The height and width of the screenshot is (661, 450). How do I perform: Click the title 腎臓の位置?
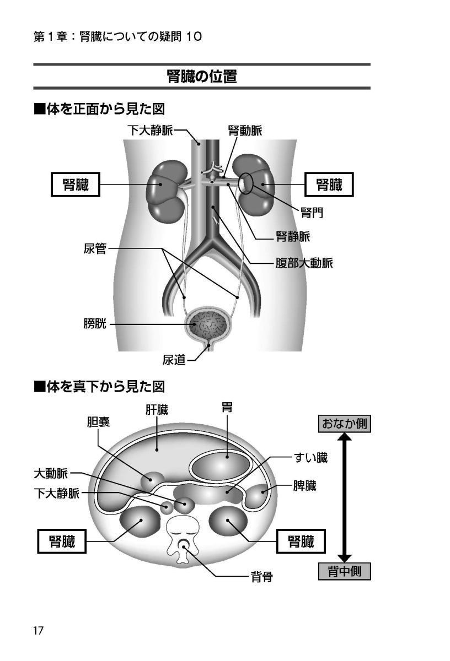pos(202,77)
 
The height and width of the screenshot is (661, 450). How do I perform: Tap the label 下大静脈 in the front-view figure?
pos(149,131)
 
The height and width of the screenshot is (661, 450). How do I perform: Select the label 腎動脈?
pos(245,131)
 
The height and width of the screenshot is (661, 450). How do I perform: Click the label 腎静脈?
pos(292,237)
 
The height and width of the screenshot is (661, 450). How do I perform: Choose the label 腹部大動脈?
pos(304,263)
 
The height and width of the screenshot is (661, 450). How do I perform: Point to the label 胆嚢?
pos(98,422)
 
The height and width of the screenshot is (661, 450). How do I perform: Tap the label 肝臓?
pos(157,410)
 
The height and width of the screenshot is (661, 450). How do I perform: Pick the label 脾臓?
pos(304,487)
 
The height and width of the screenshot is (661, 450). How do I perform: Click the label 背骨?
pos(262,577)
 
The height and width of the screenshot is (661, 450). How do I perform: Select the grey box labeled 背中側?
pos(344,571)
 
